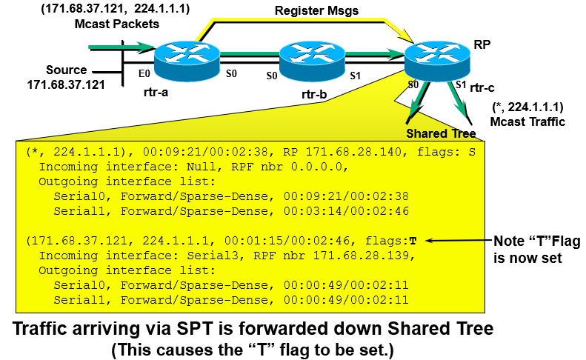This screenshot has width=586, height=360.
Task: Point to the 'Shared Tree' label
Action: tap(440, 133)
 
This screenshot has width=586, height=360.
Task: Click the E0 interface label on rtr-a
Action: tap(144, 75)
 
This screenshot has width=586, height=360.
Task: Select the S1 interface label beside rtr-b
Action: tap(355, 75)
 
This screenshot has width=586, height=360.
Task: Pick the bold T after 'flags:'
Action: tap(413, 241)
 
